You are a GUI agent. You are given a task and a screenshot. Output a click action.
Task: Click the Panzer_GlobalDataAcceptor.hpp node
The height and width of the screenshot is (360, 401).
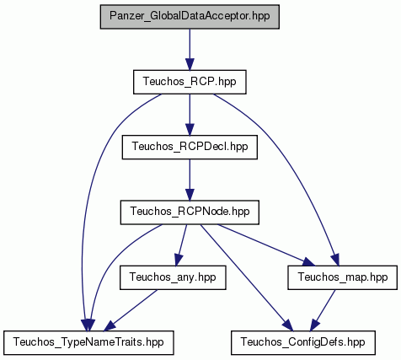[x=190, y=17]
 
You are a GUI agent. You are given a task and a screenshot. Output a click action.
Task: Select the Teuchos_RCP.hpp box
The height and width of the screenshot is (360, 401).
[x=190, y=82]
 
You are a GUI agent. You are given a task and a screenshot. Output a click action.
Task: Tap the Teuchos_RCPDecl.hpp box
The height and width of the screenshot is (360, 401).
[x=190, y=147]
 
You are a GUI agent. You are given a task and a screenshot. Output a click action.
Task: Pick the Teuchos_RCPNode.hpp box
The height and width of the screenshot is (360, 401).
[x=190, y=212]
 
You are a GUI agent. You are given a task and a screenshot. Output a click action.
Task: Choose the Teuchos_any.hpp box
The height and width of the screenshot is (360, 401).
[x=173, y=277]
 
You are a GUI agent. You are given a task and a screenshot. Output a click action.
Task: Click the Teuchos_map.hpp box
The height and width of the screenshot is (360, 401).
[x=342, y=277]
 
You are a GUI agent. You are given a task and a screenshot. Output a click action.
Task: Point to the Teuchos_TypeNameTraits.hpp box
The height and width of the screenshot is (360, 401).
[x=88, y=342]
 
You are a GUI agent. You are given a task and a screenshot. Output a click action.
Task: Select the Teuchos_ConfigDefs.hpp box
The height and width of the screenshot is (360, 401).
[x=303, y=342]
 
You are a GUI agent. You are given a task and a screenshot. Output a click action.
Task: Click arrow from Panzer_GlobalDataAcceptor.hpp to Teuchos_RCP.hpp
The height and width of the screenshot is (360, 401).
[x=190, y=50]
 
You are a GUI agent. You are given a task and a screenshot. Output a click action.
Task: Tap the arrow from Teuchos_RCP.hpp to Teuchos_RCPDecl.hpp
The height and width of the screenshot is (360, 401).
[x=190, y=115]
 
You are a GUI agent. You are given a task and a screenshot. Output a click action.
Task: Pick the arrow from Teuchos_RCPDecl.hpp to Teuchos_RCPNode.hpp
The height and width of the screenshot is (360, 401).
[x=190, y=180]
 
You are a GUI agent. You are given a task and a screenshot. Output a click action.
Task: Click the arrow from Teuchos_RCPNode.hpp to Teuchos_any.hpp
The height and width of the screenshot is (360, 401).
[x=181, y=245]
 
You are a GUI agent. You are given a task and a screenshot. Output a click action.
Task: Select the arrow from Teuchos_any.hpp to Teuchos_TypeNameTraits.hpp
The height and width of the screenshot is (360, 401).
[x=131, y=310]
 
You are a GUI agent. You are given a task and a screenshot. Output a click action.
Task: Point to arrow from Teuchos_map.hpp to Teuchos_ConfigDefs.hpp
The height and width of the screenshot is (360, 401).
[x=323, y=310]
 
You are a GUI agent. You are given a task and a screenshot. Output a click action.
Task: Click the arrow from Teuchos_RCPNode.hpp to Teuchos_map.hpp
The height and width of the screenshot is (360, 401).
[x=266, y=245]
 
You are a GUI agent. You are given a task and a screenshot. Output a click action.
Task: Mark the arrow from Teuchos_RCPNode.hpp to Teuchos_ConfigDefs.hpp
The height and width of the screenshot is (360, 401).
[x=247, y=277]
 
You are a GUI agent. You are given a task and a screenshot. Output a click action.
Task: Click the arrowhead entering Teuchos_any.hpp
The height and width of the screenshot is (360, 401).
[x=179, y=260]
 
